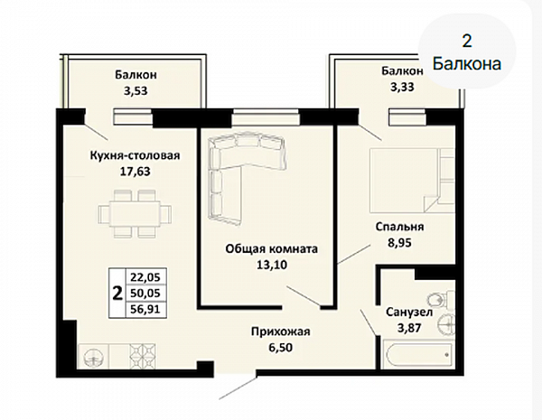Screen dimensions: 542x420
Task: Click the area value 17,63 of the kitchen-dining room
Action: pyautogui.click(x=135, y=171)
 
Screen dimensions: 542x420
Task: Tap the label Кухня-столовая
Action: pyautogui.click(x=135, y=155)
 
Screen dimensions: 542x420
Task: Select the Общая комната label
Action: pyautogui.click(x=272, y=249)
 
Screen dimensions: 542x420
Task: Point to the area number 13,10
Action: pyautogui.click(x=272, y=265)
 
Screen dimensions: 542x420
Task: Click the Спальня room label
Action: pyautogui.click(x=399, y=227)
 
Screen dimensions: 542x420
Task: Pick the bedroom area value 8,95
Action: pyautogui.click(x=399, y=243)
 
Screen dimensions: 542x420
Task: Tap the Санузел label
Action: pyautogui.click(x=409, y=313)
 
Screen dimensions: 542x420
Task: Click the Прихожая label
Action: pyautogui.click(x=281, y=331)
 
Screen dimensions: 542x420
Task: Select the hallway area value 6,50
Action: pyautogui.click(x=281, y=347)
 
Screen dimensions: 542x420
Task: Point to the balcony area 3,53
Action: pyautogui.click(x=135, y=90)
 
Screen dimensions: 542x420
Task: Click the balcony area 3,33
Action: pyautogui.click(x=402, y=87)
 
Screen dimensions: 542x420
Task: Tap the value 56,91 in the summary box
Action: pyautogui.click(x=145, y=308)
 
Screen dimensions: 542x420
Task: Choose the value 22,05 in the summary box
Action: pyautogui.click(x=145, y=277)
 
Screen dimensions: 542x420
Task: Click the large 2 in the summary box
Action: pyautogui.click(x=117, y=294)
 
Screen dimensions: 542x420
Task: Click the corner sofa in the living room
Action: pyautogui.click(x=219, y=163)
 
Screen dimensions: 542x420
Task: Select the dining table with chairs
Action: pyautogui.click(x=135, y=214)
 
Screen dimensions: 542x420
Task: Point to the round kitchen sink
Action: pyautogui.click(x=94, y=357)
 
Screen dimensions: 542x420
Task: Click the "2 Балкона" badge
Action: pyautogui.click(x=467, y=52)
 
